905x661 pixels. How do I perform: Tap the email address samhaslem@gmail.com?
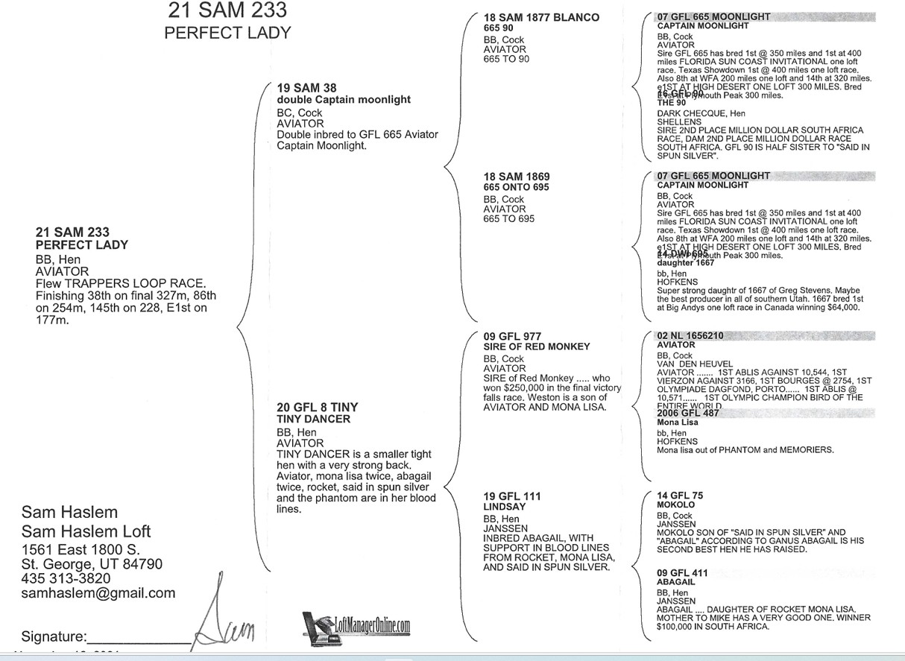pos(98,593)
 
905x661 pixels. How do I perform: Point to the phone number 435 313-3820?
pos(66,578)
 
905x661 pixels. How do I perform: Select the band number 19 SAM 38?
pos(306,88)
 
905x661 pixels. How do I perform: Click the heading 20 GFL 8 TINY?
pos(317,407)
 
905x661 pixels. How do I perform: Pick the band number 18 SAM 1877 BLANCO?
pos(541,17)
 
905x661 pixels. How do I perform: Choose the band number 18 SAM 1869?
pos(517,177)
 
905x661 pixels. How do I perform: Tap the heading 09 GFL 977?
pos(513,337)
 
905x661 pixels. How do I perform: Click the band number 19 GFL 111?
pos(512,496)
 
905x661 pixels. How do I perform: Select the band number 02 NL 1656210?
pos(690,336)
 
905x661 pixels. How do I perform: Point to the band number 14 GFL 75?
pos(680,496)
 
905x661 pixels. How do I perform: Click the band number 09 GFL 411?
pos(682,573)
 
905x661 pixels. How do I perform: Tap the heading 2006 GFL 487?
pos(688,413)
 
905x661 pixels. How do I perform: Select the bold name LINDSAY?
pos(504,507)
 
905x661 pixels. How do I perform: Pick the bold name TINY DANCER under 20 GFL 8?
pos(313,419)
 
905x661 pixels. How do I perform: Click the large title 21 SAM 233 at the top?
pos(227,10)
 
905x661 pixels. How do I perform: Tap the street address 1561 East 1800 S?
pos(81,549)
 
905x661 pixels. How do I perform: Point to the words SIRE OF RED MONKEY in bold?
pos(537,347)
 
